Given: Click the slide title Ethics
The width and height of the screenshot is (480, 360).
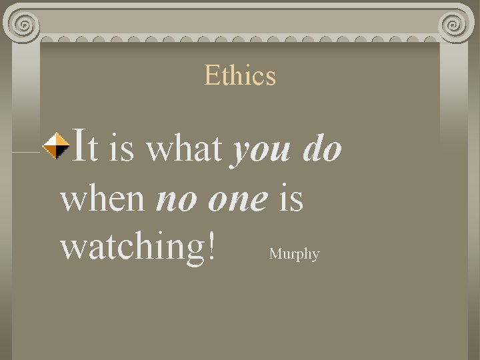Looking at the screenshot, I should [240, 75].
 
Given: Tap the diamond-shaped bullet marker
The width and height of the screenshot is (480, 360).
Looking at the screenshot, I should [55, 148].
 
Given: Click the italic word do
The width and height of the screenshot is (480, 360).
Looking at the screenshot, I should [322, 149].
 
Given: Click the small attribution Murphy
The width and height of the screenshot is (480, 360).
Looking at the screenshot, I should [294, 254].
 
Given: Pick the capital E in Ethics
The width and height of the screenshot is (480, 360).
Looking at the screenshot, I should [211, 76].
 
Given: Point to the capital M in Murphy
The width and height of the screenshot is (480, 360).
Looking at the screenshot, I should [275, 253].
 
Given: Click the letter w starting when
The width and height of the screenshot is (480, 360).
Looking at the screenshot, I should [73, 200].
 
